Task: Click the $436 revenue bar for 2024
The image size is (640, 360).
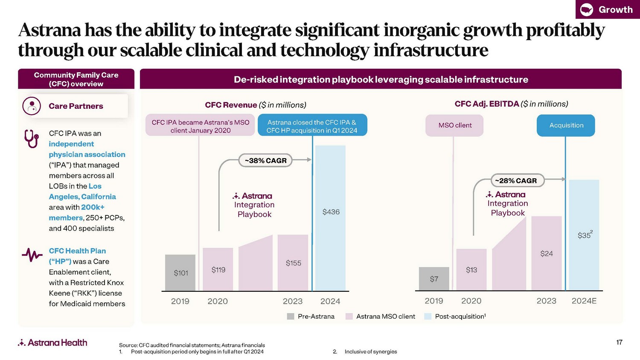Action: [x=330, y=218]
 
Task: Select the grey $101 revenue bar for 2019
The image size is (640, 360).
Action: [x=180, y=273]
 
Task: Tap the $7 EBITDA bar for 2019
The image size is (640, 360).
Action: [x=434, y=279]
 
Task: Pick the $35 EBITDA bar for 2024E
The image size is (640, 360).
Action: [x=584, y=235]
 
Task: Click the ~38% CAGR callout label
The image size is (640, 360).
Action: [x=265, y=160]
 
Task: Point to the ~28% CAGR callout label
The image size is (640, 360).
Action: [x=516, y=180]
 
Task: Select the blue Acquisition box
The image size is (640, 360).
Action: [x=566, y=125]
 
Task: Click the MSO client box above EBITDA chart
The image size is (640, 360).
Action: [x=454, y=125]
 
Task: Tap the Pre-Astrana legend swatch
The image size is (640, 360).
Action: [x=291, y=316]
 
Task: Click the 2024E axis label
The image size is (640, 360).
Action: [x=584, y=301]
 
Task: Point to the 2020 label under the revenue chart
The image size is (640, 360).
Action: [x=218, y=302]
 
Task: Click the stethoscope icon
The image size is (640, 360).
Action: [x=31, y=138]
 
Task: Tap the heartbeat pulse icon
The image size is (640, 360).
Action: [x=32, y=255]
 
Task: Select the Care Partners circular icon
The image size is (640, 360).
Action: [x=32, y=106]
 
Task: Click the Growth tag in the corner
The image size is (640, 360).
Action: [x=608, y=9]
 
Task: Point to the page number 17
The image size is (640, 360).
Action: [x=619, y=342]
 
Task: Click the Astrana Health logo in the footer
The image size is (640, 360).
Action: [x=52, y=343]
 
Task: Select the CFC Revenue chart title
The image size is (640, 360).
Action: [x=255, y=105]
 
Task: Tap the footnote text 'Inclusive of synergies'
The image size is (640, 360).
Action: [x=370, y=352]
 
